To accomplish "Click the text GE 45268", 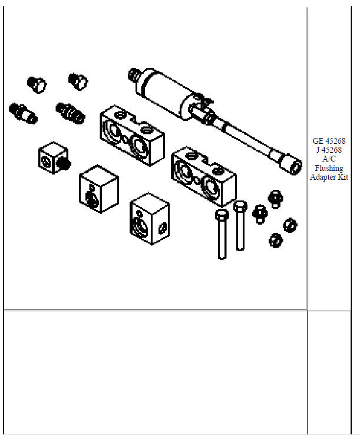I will (329, 141).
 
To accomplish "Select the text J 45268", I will (329, 150).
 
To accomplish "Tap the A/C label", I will (329, 159).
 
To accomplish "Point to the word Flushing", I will (329, 168).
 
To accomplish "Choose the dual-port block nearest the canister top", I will (131, 136).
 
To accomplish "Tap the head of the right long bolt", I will (240, 206).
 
